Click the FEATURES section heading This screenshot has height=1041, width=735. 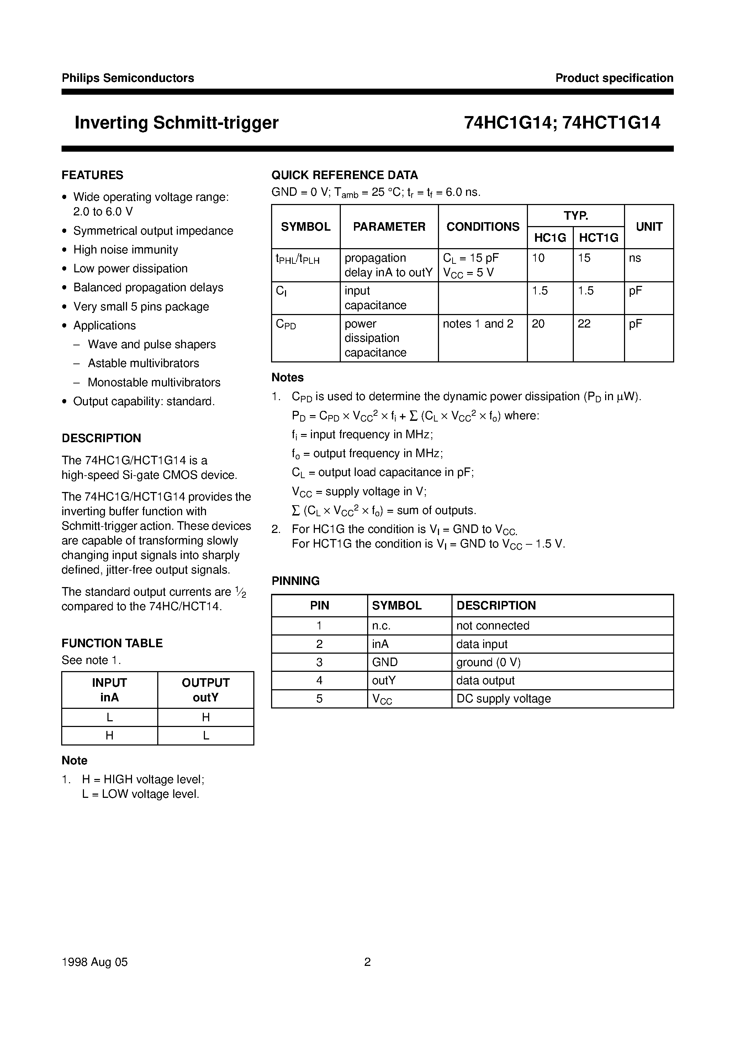[x=92, y=175]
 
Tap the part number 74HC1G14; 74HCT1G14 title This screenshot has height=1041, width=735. [x=562, y=123]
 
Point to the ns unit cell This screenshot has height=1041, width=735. [x=635, y=258]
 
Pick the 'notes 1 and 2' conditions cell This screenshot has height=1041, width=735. [x=478, y=324]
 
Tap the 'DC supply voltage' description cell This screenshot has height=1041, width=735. [x=503, y=699]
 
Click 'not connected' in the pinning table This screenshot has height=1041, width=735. [x=493, y=626]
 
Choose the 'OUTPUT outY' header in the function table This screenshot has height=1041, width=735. [x=206, y=690]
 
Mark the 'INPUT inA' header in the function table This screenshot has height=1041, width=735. [x=109, y=690]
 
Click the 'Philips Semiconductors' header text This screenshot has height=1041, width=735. [x=128, y=78]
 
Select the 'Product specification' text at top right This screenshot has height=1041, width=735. [x=614, y=78]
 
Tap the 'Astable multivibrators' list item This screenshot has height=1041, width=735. [x=143, y=363]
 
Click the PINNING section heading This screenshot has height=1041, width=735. [x=295, y=581]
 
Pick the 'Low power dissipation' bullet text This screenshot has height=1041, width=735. [x=131, y=268]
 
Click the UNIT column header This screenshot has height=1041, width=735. [x=649, y=227]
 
